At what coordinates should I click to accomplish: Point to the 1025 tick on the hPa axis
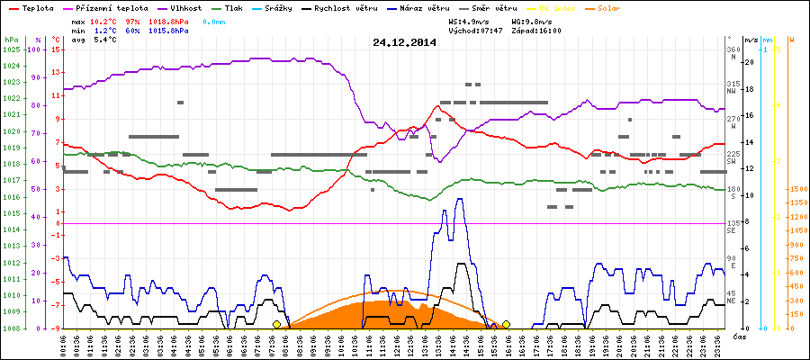point(11,49)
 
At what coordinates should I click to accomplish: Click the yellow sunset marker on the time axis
point(506,324)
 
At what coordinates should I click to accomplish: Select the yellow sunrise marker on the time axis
point(276,324)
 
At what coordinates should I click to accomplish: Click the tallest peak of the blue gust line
point(461,200)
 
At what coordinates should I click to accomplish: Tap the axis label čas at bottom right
point(739,336)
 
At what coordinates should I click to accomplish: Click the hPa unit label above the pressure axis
point(10,40)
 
